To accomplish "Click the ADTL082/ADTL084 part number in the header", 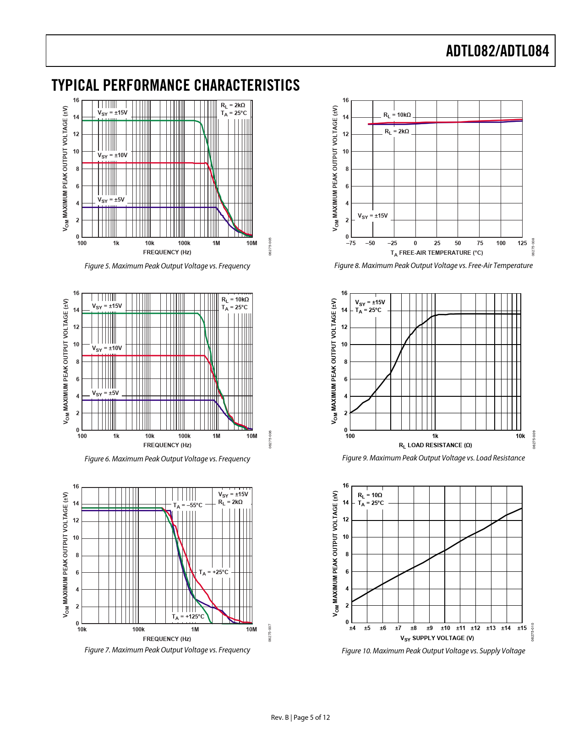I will pyautogui.click(x=497, y=51).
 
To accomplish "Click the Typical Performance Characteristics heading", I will pyautogui.click(x=176, y=85).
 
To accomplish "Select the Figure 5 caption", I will pyautogui.click(x=167, y=266).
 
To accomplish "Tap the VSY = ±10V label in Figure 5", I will pyautogui.click(x=112, y=155).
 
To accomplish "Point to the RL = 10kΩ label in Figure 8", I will pyautogui.click(x=397, y=115).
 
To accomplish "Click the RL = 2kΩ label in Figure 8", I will pyautogui.click(x=397, y=131).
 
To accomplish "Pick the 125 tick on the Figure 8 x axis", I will pyautogui.click(x=522, y=243).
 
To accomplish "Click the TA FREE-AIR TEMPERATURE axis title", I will pyautogui.click(x=437, y=253).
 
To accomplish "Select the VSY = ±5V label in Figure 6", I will pyautogui.click(x=105, y=393).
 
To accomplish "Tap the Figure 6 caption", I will pyautogui.click(x=167, y=459).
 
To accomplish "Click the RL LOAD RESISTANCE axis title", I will pyautogui.click(x=435, y=445).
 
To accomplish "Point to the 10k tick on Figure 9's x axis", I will pyautogui.click(x=520, y=436).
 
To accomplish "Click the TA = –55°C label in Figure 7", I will pyautogui.click(x=187, y=505).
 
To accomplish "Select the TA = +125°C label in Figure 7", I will pyautogui.click(x=188, y=617).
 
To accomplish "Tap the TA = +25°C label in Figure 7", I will pyautogui.click(x=213, y=572).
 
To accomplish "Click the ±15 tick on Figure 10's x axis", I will pyautogui.click(x=522, y=628).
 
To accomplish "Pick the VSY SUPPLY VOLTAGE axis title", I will pyautogui.click(x=437, y=638).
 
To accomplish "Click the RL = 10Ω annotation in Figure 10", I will pyautogui.click(x=370, y=495).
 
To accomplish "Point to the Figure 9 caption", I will pyautogui.click(x=433, y=458).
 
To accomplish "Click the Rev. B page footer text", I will pyautogui.click(x=300, y=718).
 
